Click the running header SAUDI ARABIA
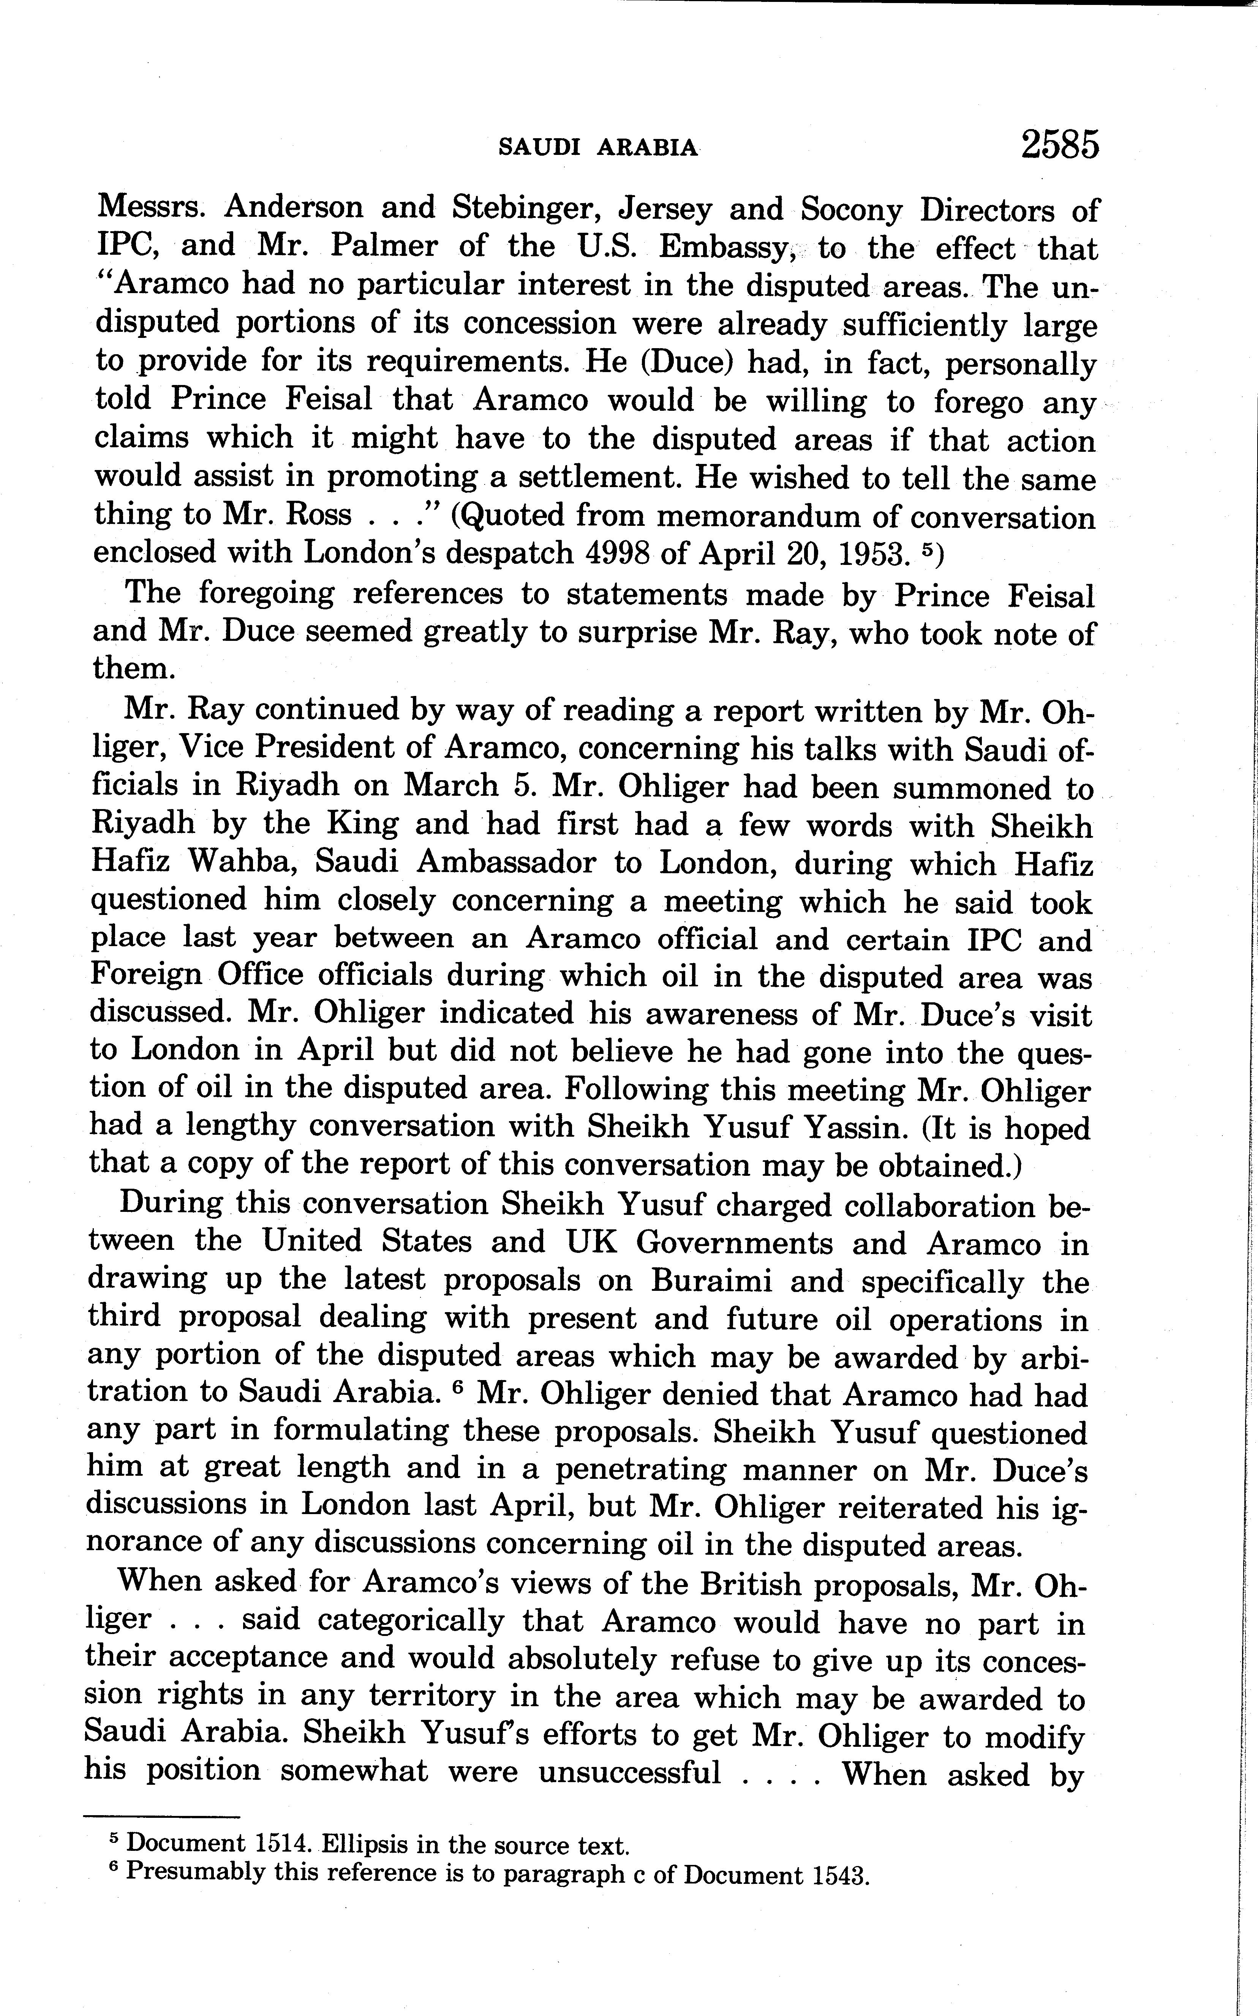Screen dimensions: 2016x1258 point(597,148)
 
